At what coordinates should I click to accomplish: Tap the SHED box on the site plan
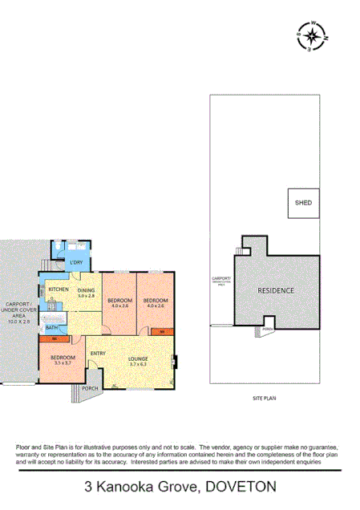click(303, 203)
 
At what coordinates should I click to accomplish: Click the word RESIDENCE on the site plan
click(276, 290)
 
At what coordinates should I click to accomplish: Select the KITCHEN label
click(58, 289)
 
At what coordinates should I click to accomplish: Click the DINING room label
click(87, 289)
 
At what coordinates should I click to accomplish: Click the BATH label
click(51, 328)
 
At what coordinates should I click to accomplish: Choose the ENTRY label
click(98, 354)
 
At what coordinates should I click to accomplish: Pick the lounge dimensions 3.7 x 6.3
click(136, 364)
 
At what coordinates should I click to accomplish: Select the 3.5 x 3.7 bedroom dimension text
click(63, 363)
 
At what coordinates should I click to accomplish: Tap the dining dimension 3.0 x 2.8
click(87, 296)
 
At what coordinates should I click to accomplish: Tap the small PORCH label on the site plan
click(268, 329)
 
